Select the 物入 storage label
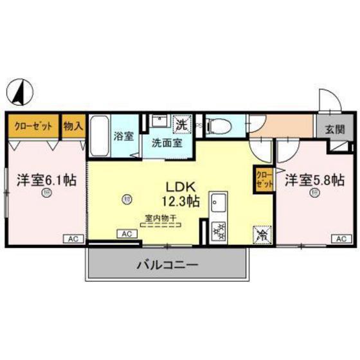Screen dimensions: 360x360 73,126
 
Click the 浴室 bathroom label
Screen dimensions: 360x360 123,137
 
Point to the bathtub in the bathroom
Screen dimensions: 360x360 99,136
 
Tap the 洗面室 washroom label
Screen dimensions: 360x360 166,142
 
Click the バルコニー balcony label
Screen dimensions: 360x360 166,264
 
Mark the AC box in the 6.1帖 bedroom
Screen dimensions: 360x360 73,239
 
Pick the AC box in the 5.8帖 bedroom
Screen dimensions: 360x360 340,239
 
